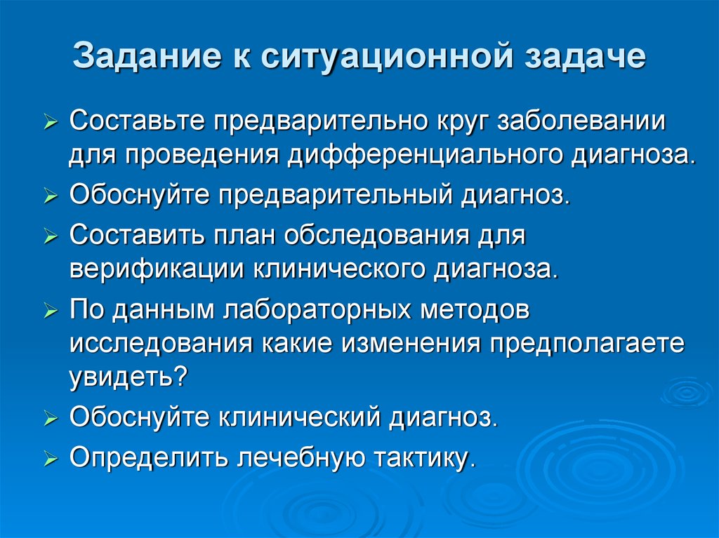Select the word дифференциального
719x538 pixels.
pyautogui.click(x=423, y=153)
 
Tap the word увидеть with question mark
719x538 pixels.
pyautogui.click(x=128, y=377)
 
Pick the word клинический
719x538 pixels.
pyautogui.click(x=301, y=418)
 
